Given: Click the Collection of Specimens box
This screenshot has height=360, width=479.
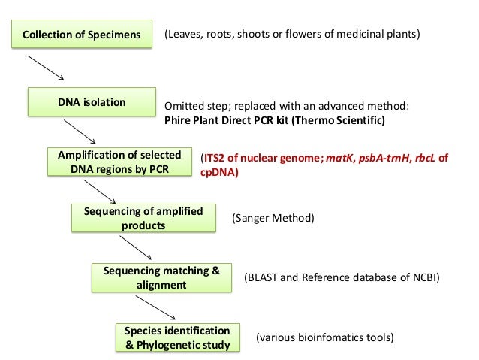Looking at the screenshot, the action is (x=82, y=34).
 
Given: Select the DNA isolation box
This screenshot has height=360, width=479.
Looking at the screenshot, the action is (x=92, y=102).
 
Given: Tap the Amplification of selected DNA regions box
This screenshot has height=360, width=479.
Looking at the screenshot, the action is (x=120, y=162).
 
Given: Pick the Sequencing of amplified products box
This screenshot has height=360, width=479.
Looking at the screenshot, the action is (x=143, y=218).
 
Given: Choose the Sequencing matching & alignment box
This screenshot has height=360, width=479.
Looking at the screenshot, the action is (x=161, y=277).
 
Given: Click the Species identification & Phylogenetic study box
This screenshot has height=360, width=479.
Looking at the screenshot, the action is (x=178, y=337).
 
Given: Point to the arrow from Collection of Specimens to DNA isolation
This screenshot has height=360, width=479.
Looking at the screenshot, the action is (x=46, y=68).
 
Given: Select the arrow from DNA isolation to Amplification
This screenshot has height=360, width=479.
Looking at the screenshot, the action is (x=80, y=132).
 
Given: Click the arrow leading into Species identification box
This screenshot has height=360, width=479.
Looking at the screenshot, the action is (x=155, y=307).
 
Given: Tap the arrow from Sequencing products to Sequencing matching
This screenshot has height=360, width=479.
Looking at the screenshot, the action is (x=136, y=248).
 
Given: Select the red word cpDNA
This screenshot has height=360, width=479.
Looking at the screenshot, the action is (x=218, y=172).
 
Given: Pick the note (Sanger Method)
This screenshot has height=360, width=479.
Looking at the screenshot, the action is (x=273, y=218).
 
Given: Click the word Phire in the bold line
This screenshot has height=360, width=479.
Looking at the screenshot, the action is (x=176, y=120).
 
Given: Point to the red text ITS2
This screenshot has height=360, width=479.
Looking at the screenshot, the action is (x=214, y=158).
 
